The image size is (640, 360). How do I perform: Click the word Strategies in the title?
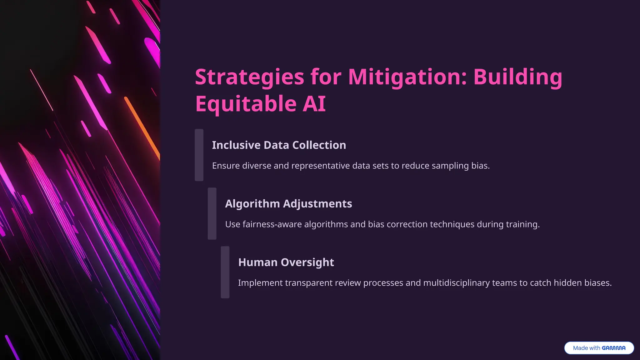coord(249,77)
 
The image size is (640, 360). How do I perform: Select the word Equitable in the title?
coord(246,104)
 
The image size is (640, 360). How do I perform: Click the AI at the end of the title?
coord(314,104)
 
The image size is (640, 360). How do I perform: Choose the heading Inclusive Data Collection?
coord(279,145)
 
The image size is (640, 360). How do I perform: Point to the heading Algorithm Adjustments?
coord(288,204)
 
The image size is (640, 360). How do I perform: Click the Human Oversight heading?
coord(286,262)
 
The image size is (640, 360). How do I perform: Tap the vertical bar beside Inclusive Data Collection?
coord(199,155)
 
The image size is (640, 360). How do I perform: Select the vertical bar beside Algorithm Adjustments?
coord(212,214)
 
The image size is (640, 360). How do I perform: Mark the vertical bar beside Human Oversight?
coord(225,272)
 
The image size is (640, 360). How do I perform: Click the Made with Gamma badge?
coord(599,348)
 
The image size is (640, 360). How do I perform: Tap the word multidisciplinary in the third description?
coord(470,283)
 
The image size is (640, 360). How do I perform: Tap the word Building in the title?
coord(517,77)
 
